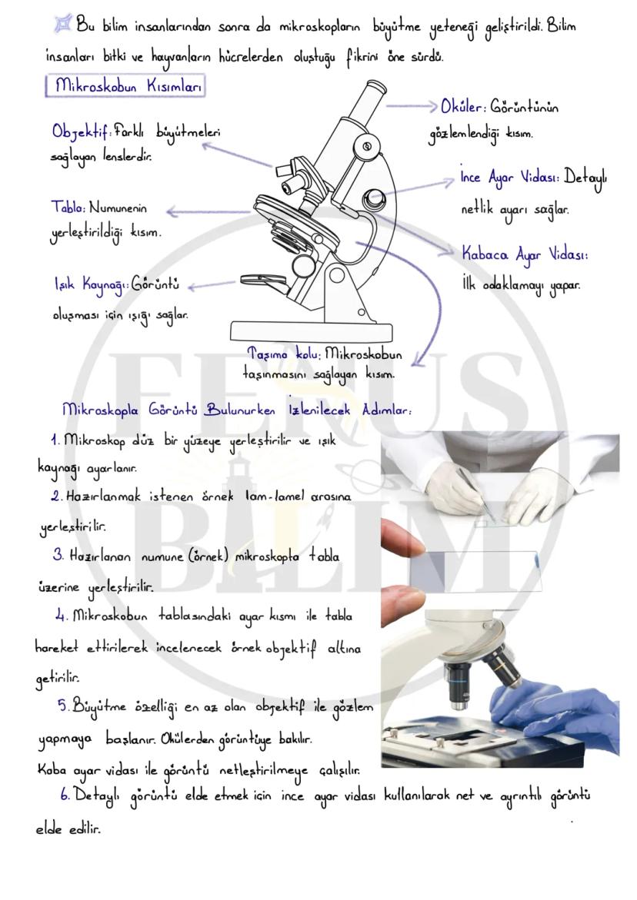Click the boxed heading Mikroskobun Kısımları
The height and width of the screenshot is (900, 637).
[126, 86]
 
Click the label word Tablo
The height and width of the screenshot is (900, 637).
[68, 208]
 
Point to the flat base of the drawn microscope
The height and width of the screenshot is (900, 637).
[322, 330]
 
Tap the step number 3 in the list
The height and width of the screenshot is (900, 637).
[58, 555]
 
